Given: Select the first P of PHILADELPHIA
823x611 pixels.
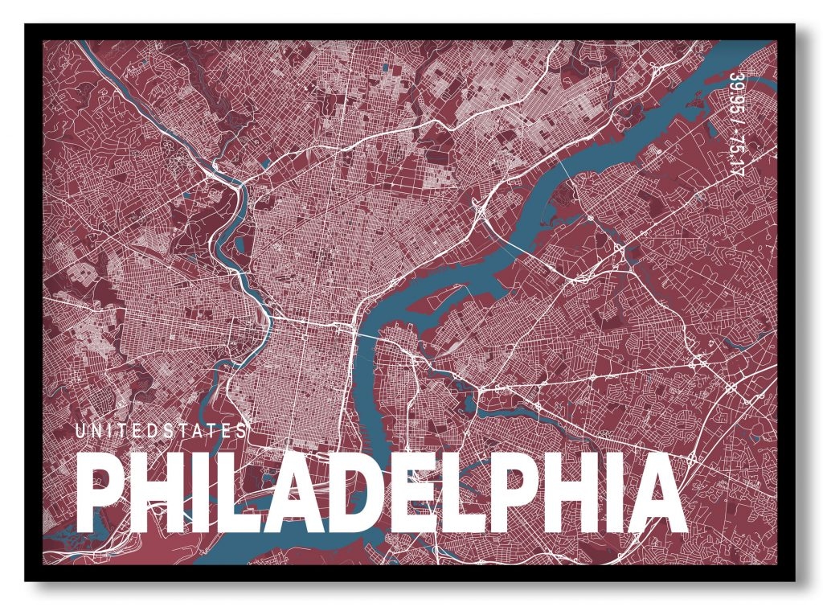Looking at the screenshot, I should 102,491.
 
